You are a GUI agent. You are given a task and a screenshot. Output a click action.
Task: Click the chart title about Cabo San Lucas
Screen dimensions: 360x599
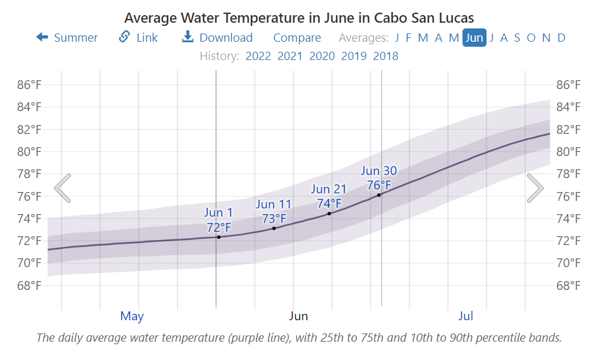(x=299, y=17)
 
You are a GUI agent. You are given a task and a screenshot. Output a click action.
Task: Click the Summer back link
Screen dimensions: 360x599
(x=68, y=38)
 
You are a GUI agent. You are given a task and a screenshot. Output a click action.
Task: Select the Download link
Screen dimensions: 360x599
(x=217, y=38)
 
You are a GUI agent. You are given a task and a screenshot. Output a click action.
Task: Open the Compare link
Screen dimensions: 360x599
(x=297, y=38)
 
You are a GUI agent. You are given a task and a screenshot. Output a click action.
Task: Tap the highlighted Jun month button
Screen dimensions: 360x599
(x=474, y=38)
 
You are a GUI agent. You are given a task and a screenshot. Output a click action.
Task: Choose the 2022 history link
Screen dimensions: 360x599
(x=258, y=56)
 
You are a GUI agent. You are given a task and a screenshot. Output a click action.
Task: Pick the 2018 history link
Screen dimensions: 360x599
(x=385, y=56)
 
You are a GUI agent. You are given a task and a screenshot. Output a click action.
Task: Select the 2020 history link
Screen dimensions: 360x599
(x=322, y=56)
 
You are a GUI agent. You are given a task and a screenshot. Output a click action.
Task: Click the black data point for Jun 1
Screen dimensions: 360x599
(x=219, y=237)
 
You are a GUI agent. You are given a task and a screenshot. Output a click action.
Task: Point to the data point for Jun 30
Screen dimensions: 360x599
(x=379, y=195)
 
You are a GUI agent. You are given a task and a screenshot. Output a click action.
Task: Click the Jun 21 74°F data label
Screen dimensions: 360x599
(x=329, y=196)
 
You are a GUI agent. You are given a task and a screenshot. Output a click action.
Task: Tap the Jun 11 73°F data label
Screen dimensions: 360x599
(x=274, y=212)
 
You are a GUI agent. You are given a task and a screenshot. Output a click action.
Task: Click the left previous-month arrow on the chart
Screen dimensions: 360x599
(x=63, y=188)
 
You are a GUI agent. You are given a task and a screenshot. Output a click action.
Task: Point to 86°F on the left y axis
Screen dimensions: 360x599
(x=29, y=85)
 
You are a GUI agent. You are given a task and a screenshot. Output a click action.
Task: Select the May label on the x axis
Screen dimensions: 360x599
(x=132, y=316)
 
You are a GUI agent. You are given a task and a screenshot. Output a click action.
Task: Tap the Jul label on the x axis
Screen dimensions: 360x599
(x=466, y=316)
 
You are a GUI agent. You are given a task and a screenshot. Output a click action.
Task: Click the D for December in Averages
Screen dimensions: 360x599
(x=561, y=38)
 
